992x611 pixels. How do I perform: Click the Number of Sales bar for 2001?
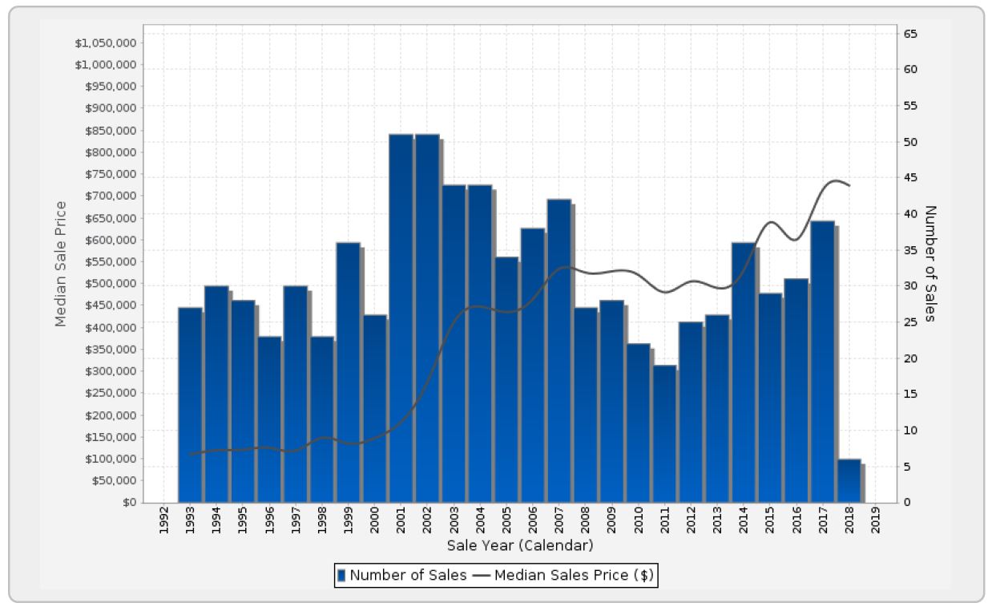[401, 321]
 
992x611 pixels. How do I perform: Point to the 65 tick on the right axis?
[912, 34]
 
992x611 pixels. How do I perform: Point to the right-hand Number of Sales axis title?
[929, 263]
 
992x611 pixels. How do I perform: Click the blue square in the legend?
[341, 575]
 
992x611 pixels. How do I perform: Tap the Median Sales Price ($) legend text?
[574, 575]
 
